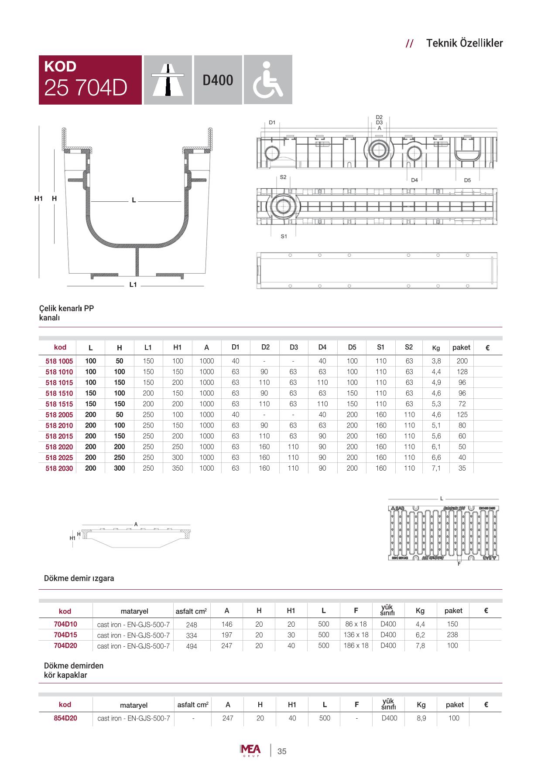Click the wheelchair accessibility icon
pyautogui.click(x=268, y=80)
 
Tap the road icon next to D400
pyautogui.click(x=168, y=80)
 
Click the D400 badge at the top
pyautogui.click(x=218, y=80)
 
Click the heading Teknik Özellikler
pyautogui.click(x=464, y=43)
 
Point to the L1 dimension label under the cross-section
pyautogui.click(x=134, y=285)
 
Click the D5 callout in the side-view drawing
pyautogui.click(x=467, y=180)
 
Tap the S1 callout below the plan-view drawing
pyautogui.click(x=284, y=236)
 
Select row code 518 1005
pyautogui.click(x=59, y=361)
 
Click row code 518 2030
pyautogui.click(x=59, y=469)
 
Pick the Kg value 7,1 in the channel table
pyautogui.click(x=436, y=469)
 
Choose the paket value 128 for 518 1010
pyautogui.click(x=462, y=372)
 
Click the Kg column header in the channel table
pyautogui.click(x=436, y=348)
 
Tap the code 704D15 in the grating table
pyautogui.click(x=65, y=635)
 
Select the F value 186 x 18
pyautogui.click(x=356, y=645)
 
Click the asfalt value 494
pyautogui.click(x=192, y=646)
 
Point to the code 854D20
pyautogui.click(x=65, y=718)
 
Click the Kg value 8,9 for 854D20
pyautogui.click(x=421, y=718)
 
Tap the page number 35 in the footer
pyautogui.click(x=282, y=751)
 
